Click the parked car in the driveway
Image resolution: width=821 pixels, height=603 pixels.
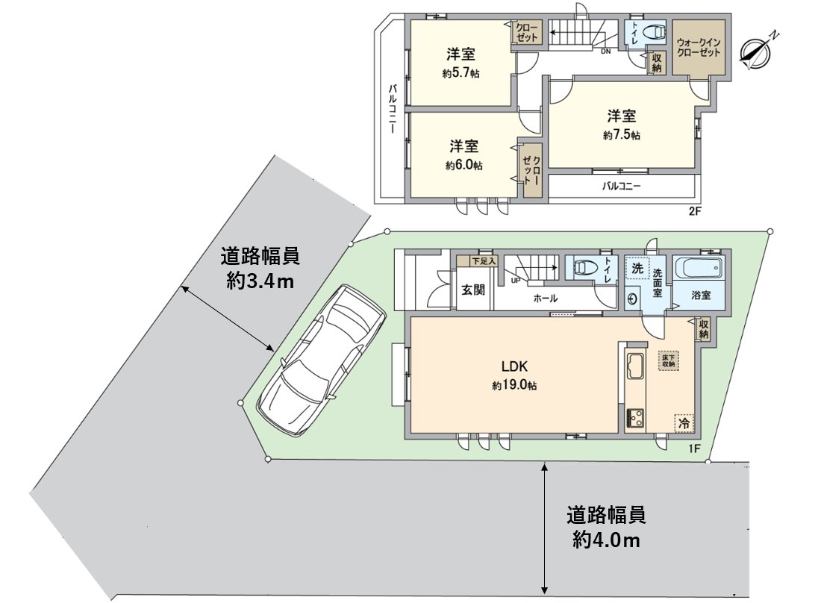point(321,360)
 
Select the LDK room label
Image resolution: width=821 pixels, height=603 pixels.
point(515,367)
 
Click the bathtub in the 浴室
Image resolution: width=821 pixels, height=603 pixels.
point(698,268)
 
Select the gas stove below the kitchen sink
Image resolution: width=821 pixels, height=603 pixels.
point(636,419)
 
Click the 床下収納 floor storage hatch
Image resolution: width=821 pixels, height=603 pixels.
point(667,360)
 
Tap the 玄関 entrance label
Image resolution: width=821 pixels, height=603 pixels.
point(473,289)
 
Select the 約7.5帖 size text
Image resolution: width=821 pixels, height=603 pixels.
point(621,136)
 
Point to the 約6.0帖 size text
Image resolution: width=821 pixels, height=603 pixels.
point(463,165)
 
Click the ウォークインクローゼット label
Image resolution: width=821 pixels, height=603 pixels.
point(699,48)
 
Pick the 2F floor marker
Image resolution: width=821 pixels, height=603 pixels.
point(695,211)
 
